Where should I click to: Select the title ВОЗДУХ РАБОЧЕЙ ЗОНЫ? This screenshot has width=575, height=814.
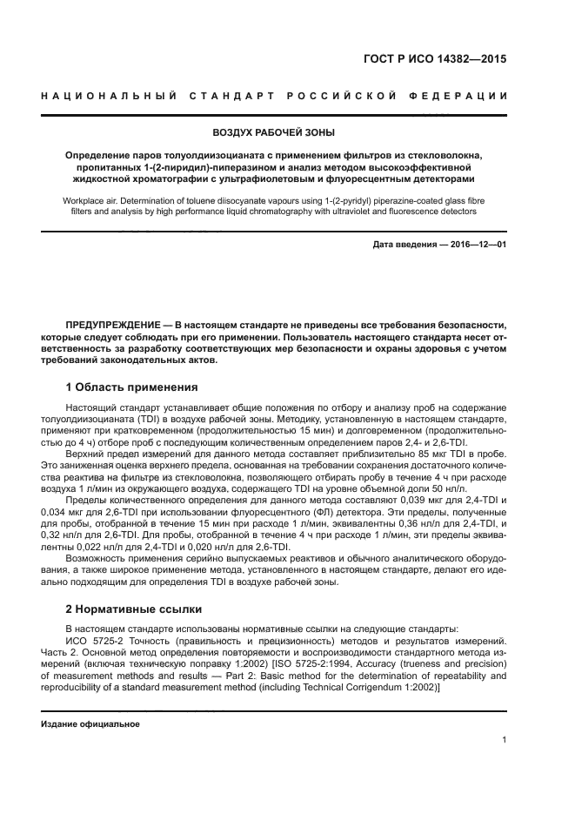click(273, 133)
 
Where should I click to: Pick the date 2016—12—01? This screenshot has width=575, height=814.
click(475, 246)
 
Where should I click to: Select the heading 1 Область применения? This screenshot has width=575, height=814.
click(131, 386)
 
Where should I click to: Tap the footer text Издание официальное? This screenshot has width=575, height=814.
click(90, 723)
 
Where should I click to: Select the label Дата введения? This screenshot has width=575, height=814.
click(404, 246)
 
